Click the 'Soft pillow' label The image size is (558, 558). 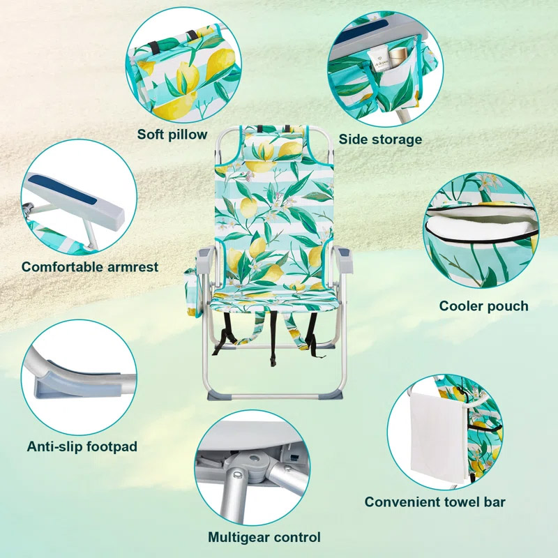172,135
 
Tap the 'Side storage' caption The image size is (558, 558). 380,139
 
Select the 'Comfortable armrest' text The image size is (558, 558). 90,267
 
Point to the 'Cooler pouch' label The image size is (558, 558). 483,306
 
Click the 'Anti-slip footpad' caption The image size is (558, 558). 82,446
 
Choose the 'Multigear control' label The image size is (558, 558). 264,537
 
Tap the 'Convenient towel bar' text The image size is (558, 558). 435,502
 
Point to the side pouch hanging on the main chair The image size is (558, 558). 193,292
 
